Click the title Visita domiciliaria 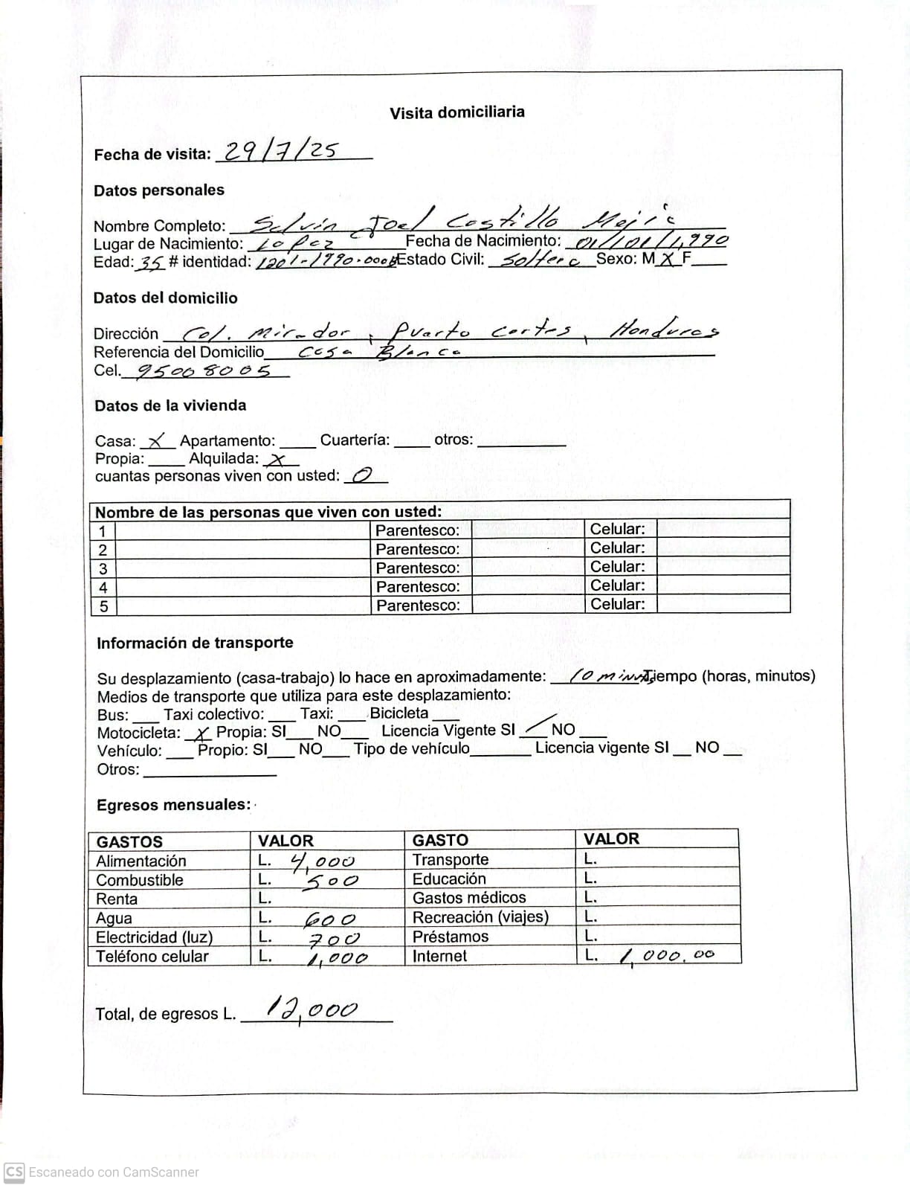[x=456, y=112]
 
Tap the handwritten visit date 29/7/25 [x=281, y=152]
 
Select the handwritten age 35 [x=150, y=263]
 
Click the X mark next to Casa [x=158, y=441]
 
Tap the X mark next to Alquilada [x=278, y=460]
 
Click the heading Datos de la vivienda [x=170, y=405]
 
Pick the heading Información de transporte [x=195, y=643]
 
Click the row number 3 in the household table [x=103, y=569]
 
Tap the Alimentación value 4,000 [x=323, y=861]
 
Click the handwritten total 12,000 [x=313, y=1009]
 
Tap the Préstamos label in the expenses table [x=451, y=937]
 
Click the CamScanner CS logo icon [x=13, y=1172]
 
